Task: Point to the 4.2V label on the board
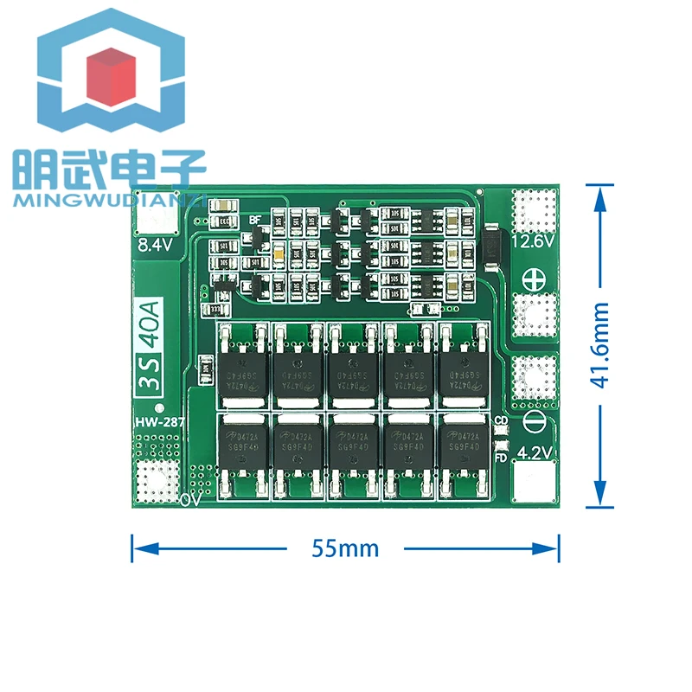pos(534,452)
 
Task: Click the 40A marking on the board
pos(153,324)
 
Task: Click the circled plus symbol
pos(533,280)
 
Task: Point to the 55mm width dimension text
pos(346,548)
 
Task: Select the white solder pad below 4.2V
pos(534,481)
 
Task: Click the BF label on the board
pos(255,220)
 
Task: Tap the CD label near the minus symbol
pos(499,422)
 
